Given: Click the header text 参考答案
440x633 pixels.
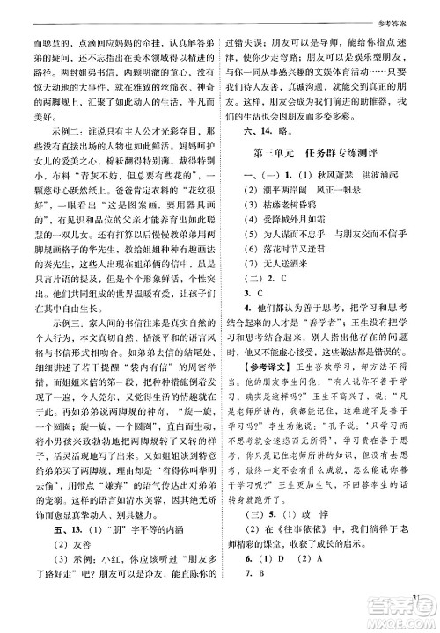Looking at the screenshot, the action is (412, 8).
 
